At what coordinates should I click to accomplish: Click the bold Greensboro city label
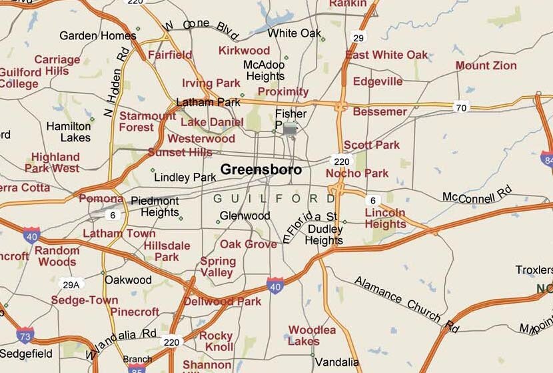tap(261, 169)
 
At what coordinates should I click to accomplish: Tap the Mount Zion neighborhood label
tap(486, 65)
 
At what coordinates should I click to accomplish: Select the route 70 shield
tap(460, 107)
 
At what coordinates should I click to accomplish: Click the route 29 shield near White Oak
tap(359, 37)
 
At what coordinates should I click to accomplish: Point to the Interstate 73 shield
tap(25, 335)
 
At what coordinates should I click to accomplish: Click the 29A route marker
tap(71, 285)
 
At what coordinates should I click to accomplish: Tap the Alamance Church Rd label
tap(406, 304)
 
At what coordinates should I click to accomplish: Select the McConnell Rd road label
tap(478, 195)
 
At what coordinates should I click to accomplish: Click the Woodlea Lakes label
tap(312, 336)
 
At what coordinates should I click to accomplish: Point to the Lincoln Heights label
tap(385, 219)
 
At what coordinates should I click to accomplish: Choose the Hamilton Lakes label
tap(69, 131)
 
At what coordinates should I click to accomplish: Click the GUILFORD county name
tap(275, 199)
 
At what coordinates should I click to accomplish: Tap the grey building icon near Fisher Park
tap(290, 129)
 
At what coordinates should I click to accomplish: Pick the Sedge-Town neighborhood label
tap(85, 300)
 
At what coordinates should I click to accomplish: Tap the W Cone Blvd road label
tap(201, 25)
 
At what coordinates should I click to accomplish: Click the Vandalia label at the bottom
tap(336, 362)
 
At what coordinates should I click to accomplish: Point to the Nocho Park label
tap(357, 173)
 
